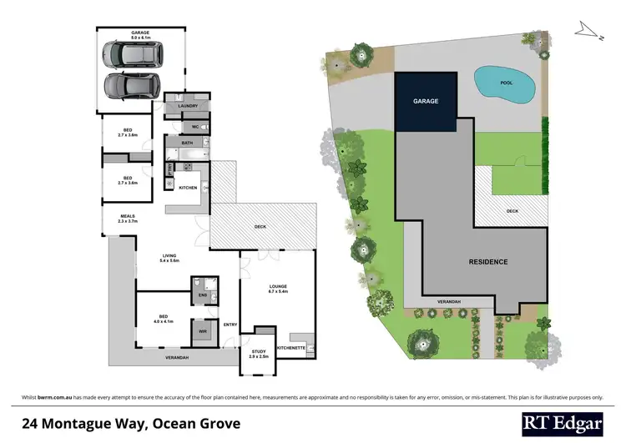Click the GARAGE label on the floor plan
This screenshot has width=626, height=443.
pyautogui.click(x=139, y=34)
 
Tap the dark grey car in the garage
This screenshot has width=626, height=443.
pyautogui.click(x=125, y=86)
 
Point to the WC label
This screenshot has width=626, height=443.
pyautogui.click(x=194, y=127)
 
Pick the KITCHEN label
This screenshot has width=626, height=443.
pyautogui.click(x=188, y=188)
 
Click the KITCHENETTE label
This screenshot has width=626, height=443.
pyautogui.click(x=291, y=345)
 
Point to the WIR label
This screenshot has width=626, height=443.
pyautogui.click(x=203, y=331)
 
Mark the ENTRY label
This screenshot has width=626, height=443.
pyautogui.click(x=230, y=325)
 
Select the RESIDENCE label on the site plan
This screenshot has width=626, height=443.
pyautogui.click(x=487, y=262)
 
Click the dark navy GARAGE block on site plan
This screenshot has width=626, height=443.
pyautogui.click(x=425, y=101)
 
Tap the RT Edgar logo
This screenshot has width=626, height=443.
pyautogui.click(x=561, y=424)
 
